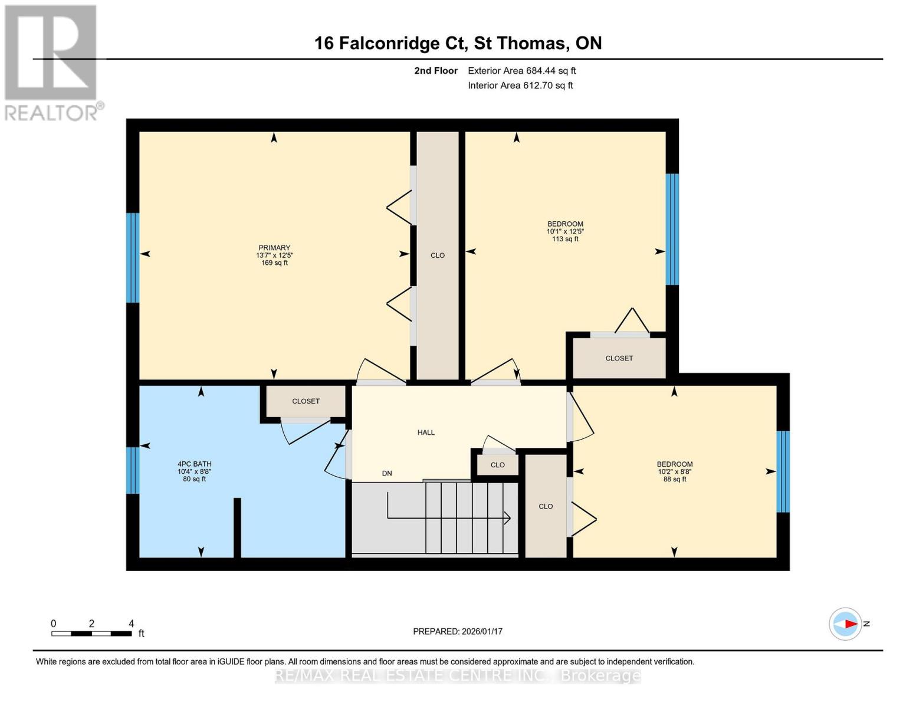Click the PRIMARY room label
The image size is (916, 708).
click(x=274, y=248)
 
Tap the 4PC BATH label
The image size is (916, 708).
click(x=194, y=464)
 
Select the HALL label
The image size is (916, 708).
click(x=426, y=432)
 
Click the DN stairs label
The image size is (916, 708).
click(x=387, y=473)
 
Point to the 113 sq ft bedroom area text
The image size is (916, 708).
click(x=565, y=239)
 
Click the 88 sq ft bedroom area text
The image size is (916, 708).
click(x=675, y=479)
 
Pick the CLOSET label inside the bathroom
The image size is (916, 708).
click(x=306, y=401)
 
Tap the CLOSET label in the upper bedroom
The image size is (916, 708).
click(x=619, y=358)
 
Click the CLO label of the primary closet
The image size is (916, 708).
click(x=438, y=255)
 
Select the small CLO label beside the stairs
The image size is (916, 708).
click(x=498, y=465)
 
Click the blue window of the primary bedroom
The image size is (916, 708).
click(x=133, y=258)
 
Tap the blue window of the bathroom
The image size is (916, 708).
click(x=133, y=470)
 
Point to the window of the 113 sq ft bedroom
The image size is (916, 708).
click(x=672, y=229)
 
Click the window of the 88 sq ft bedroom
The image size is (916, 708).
click(x=783, y=471)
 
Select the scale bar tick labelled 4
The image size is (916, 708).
click(x=131, y=624)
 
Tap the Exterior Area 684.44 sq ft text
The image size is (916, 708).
click(x=521, y=71)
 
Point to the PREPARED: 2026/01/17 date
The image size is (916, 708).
click(x=458, y=631)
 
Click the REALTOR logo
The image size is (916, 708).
click(x=52, y=62)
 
